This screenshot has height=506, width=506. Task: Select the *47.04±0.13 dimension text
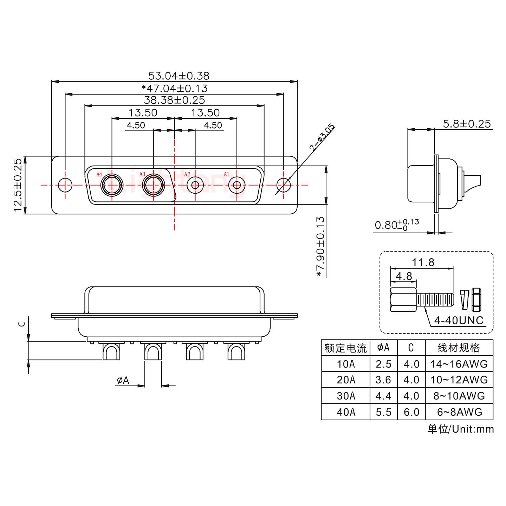(x=174, y=88)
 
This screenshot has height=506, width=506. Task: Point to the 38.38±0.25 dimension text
(x=174, y=100)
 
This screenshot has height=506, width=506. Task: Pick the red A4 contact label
(x=99, y=174)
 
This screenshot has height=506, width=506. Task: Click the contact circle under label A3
(x=153, y=185)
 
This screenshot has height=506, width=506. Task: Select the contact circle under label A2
(x=195, y=185)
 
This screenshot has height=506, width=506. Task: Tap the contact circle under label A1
(x=237, y=185)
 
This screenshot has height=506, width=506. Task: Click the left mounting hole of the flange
(x=65, y=185)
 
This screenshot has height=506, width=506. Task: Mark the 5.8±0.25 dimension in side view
(x=467, y=124)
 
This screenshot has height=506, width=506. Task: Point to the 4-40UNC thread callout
(x=459, y=320)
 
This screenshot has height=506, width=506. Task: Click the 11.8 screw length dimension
(x=423, y=262)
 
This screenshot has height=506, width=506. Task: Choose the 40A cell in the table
(x=346, y=412)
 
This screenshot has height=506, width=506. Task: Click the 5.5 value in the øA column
(x=383, y=412)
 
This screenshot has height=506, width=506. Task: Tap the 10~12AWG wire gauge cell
(x=459, y=380)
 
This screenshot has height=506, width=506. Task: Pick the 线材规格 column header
(x=459, y=348)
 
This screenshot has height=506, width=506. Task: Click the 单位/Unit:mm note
(x=460, y=429)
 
